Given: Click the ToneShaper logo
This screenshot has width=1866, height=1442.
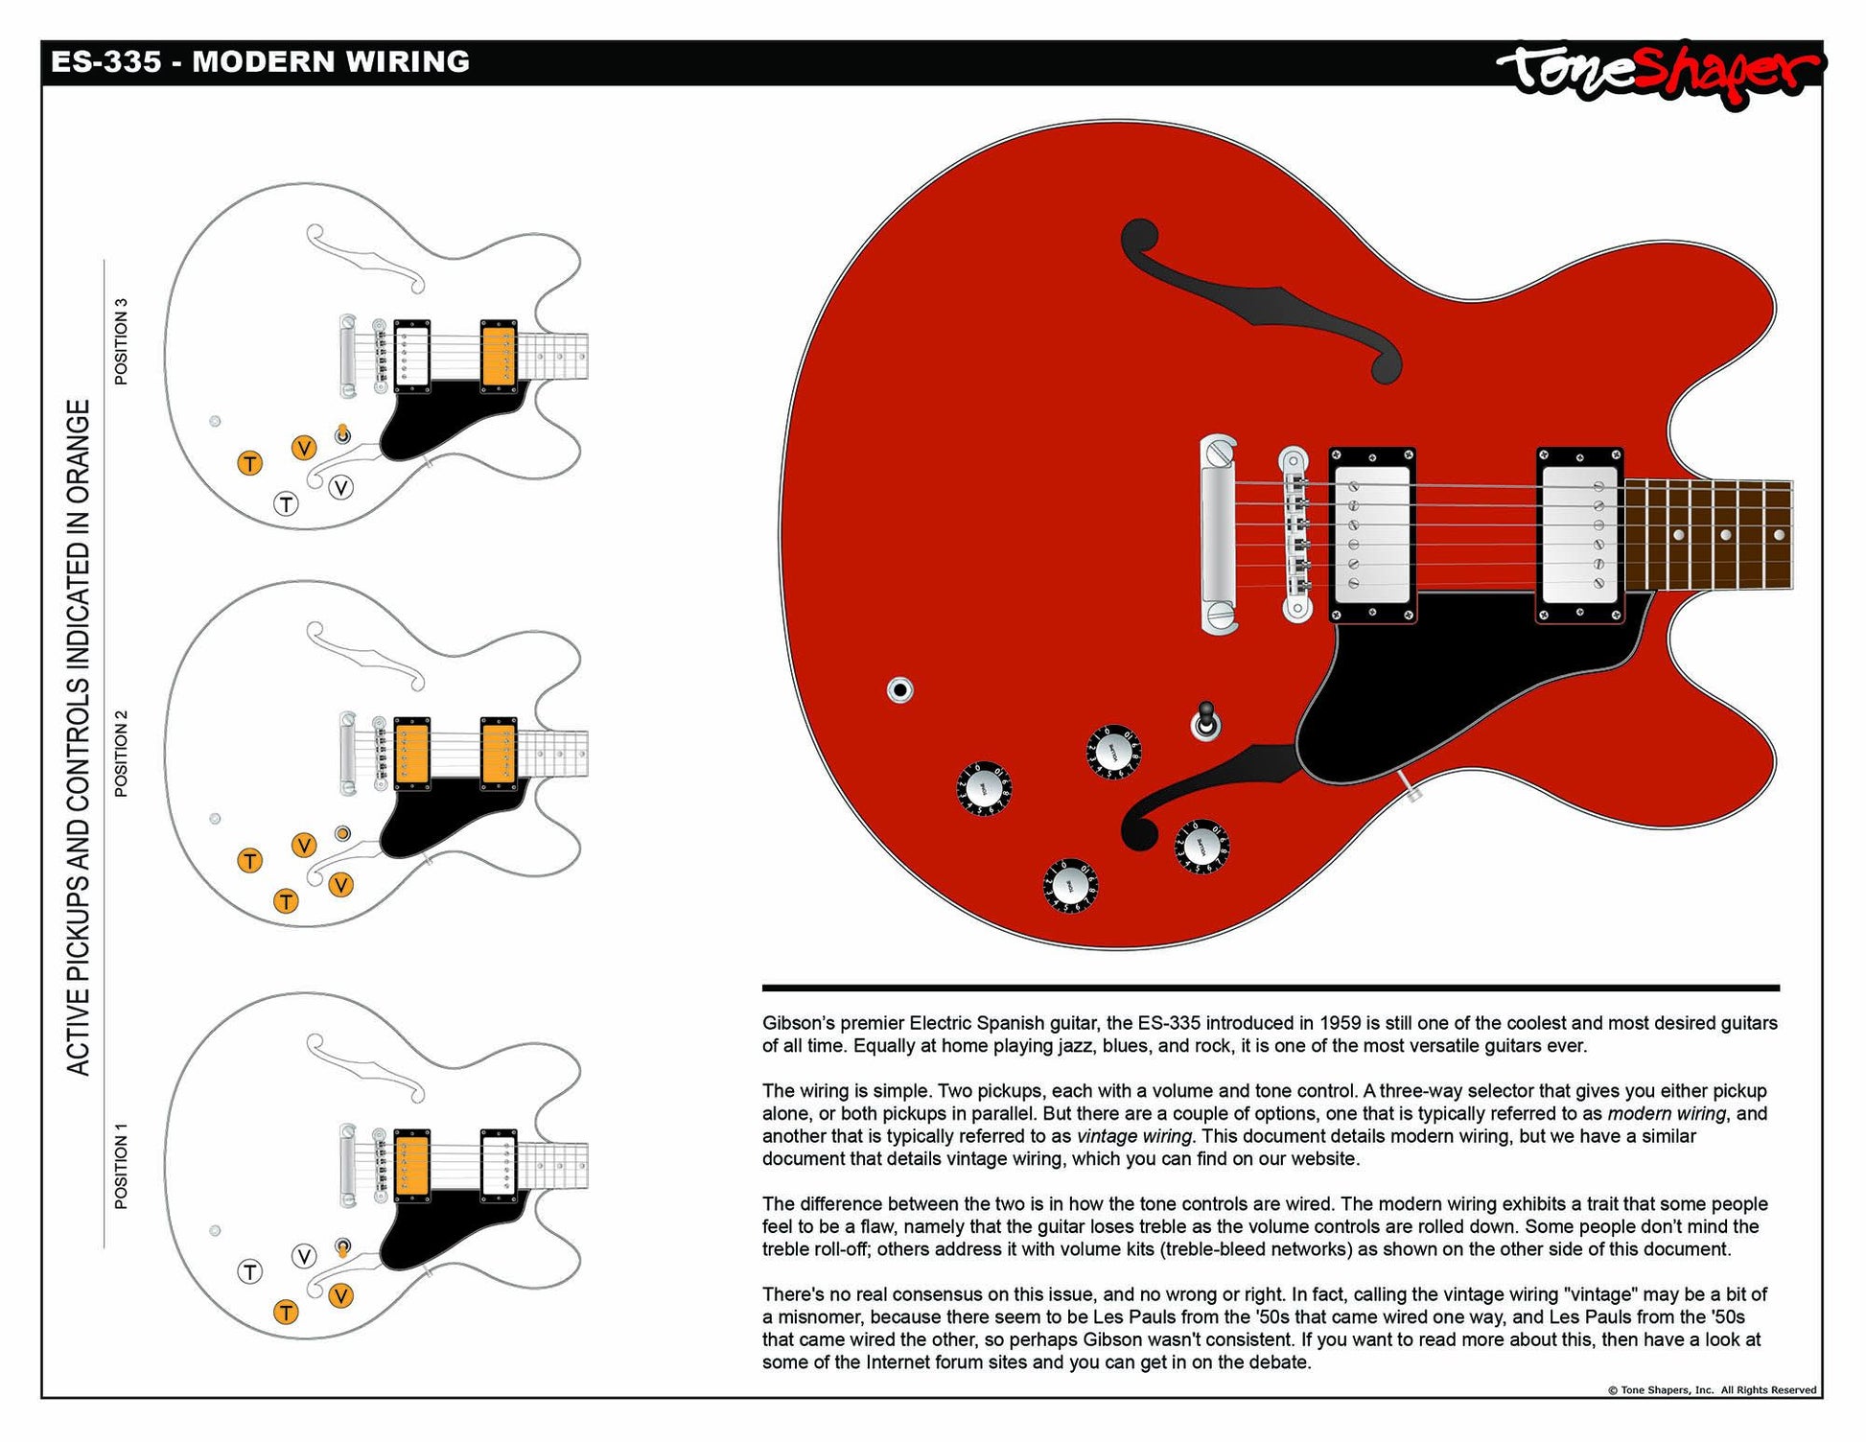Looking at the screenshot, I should [x=1659, y=71].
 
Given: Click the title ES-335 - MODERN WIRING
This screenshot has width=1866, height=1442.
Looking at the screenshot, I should [x=260, y=62].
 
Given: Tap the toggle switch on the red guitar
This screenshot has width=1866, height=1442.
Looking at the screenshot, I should [x=1205, y=722].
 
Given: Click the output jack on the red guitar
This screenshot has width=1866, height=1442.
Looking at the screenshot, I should [x=899, y=689].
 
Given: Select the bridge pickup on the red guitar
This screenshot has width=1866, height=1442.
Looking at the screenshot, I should [x=1372, y=536].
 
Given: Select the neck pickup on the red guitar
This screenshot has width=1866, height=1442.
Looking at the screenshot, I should [x=1579, y=536].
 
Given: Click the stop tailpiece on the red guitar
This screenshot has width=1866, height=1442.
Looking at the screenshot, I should [x=1218, y=534].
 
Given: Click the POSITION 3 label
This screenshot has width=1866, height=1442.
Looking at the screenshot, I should [x=121, y=342].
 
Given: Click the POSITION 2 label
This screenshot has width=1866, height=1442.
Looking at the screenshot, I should [x=121, y=754].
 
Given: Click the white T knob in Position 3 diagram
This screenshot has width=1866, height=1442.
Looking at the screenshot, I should [x=286, y=503].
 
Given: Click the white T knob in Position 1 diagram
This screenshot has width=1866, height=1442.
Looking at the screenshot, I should [x=249, y=1272].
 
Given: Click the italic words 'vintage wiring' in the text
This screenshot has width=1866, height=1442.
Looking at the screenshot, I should [x=1133, y=1136].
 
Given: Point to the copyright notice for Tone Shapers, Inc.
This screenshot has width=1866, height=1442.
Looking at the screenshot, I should [x=1712, y=1389].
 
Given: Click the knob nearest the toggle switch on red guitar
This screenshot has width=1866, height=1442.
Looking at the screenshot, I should [x=1113, y=751].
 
